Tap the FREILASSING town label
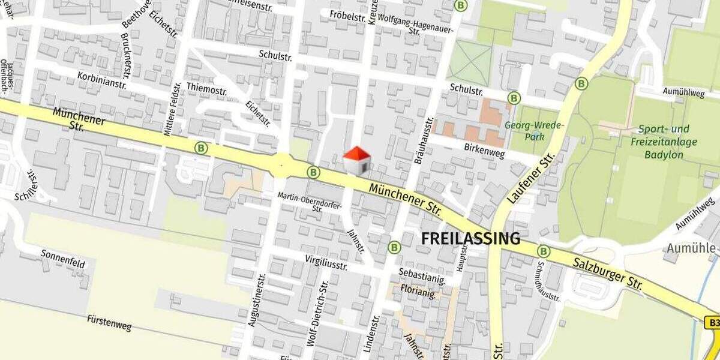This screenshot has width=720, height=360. [x=470, y=239]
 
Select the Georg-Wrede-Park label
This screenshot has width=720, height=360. [x=535, y=131]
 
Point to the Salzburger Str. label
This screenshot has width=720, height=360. [x=606, y=270]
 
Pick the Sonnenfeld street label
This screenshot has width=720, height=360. [x=63, y=259]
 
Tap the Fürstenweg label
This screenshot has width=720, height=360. [x=109, y=323]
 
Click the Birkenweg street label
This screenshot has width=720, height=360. [x=485, y=150]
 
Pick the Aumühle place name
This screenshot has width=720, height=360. [x=691, y=248]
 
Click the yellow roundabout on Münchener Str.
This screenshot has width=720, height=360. [x=281, y=163]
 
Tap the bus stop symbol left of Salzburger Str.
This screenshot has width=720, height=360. [x=544, y=251]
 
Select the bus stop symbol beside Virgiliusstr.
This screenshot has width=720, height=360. [x=394, y=247]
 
